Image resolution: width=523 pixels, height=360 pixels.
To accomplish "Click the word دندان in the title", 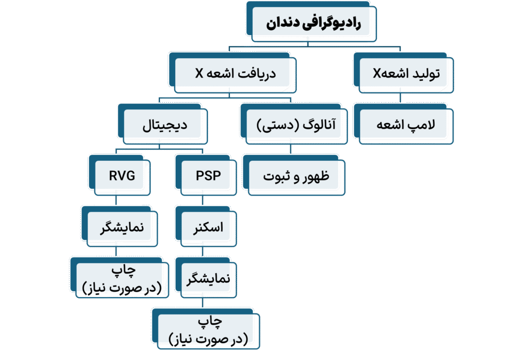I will tap(286, 24).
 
